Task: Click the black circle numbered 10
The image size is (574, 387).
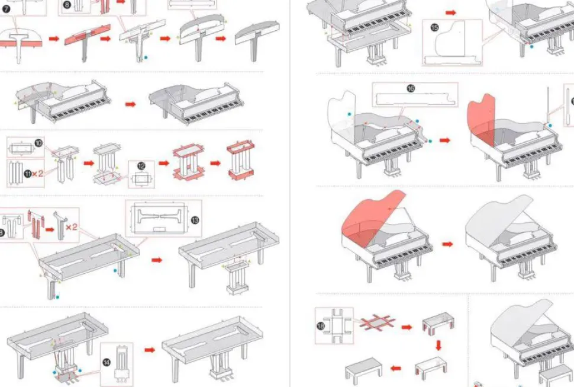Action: coord(38,143)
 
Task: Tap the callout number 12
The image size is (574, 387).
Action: coord(141,167)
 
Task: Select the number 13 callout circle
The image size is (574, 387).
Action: coord(195,220)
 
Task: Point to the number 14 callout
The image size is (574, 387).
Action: coord(107,363)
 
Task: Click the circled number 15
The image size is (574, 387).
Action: coord(434,27)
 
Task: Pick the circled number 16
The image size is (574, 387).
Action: coord(411,88)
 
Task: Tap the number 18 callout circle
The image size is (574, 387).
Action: coord(321,325)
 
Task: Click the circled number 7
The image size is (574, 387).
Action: coord(7,9)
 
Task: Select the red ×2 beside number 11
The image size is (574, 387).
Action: coord(37,173)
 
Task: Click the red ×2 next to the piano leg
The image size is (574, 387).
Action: coord(72,227)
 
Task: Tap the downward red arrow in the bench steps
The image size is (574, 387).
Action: coord(438,346)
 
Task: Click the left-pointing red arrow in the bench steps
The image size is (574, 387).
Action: coord(395,368)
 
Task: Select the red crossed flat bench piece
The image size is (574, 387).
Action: coord(378,322)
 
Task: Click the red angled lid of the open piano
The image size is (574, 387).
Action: coord(370,215)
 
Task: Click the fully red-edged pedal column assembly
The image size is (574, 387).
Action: coord(240,159)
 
